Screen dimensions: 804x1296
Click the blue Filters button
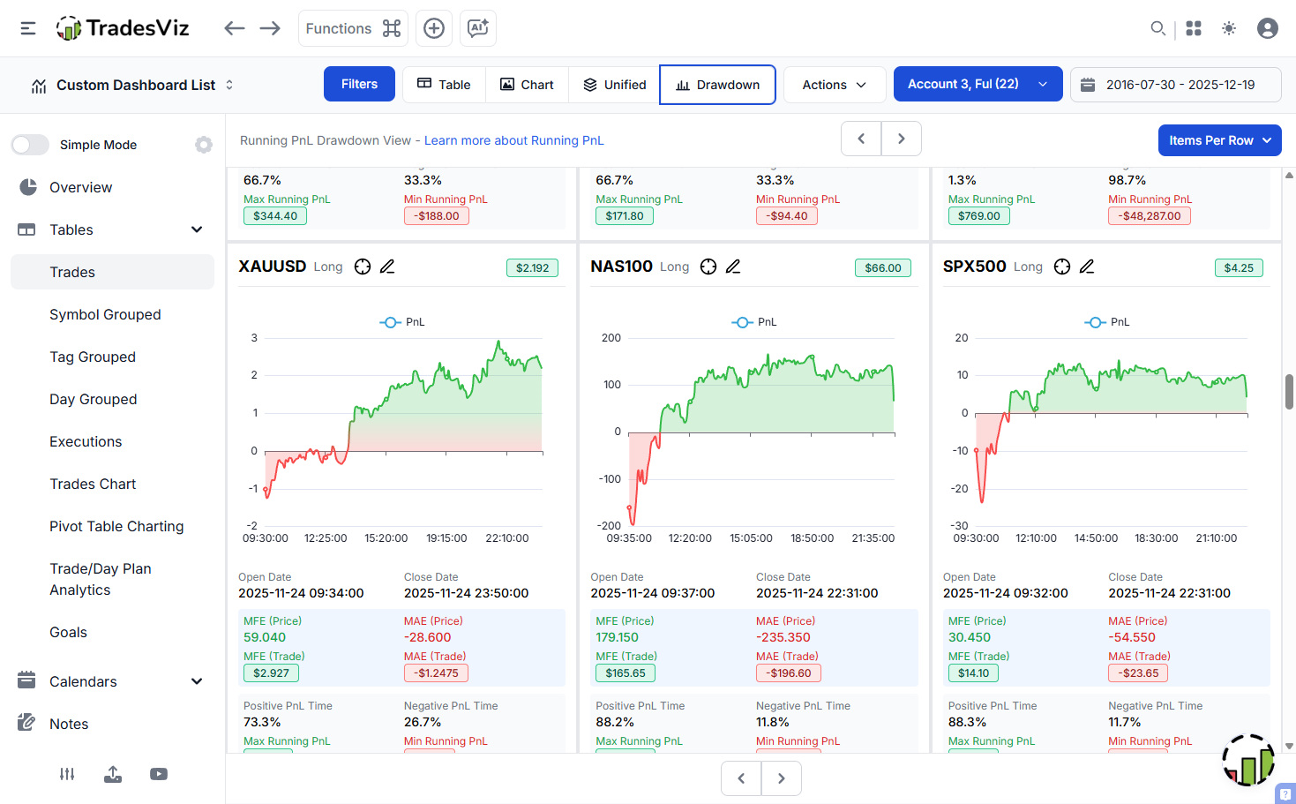pyautogui.click(x=359, y=84)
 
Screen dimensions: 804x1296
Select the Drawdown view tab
pyautogui.click(x=717, y=85)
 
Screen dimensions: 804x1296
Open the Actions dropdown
pyautogui.click(x=834, y=85)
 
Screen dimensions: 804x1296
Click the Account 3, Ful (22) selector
pyautogui.click(x=978, y=84)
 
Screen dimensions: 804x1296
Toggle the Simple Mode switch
pyautogui.click(x=30, y=145)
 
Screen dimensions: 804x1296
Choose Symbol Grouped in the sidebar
pyautogui.click(x=105, y=314)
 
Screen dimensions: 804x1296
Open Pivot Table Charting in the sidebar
pyautogui.click(x=116, y=526)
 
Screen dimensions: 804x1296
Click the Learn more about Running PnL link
pyautogui.click(x=513, y=140)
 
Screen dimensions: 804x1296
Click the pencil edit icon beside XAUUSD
pyautogui.click(x=387, y=267)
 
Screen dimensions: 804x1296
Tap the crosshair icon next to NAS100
pyautogui.click(x=708, y=267)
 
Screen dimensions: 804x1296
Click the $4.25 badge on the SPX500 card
pyautogui.click(x=1239, y=267)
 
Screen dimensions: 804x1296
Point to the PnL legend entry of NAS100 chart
pyautogui.click(x=755, y=322)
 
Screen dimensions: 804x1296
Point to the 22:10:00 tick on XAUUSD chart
pyautogui.click(x=507, y=537)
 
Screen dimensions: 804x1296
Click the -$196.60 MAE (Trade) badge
pyautogui.click(x=789, y=673)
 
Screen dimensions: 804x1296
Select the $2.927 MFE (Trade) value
pyautogui.click(x=271, y=673)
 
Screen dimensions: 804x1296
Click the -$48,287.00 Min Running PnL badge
pyautogui.click(x=1150, y=215)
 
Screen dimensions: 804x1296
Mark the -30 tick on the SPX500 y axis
pyautogui.click(x=960, y=525)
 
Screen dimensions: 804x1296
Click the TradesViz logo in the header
pyautogui.click(x=123, y=28)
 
